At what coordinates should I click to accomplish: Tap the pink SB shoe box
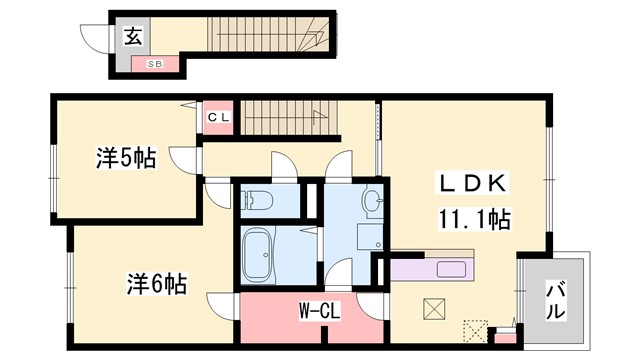click(155, 64)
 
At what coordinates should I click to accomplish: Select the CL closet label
click(219, 117)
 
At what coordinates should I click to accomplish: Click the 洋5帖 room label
click(125, 157)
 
